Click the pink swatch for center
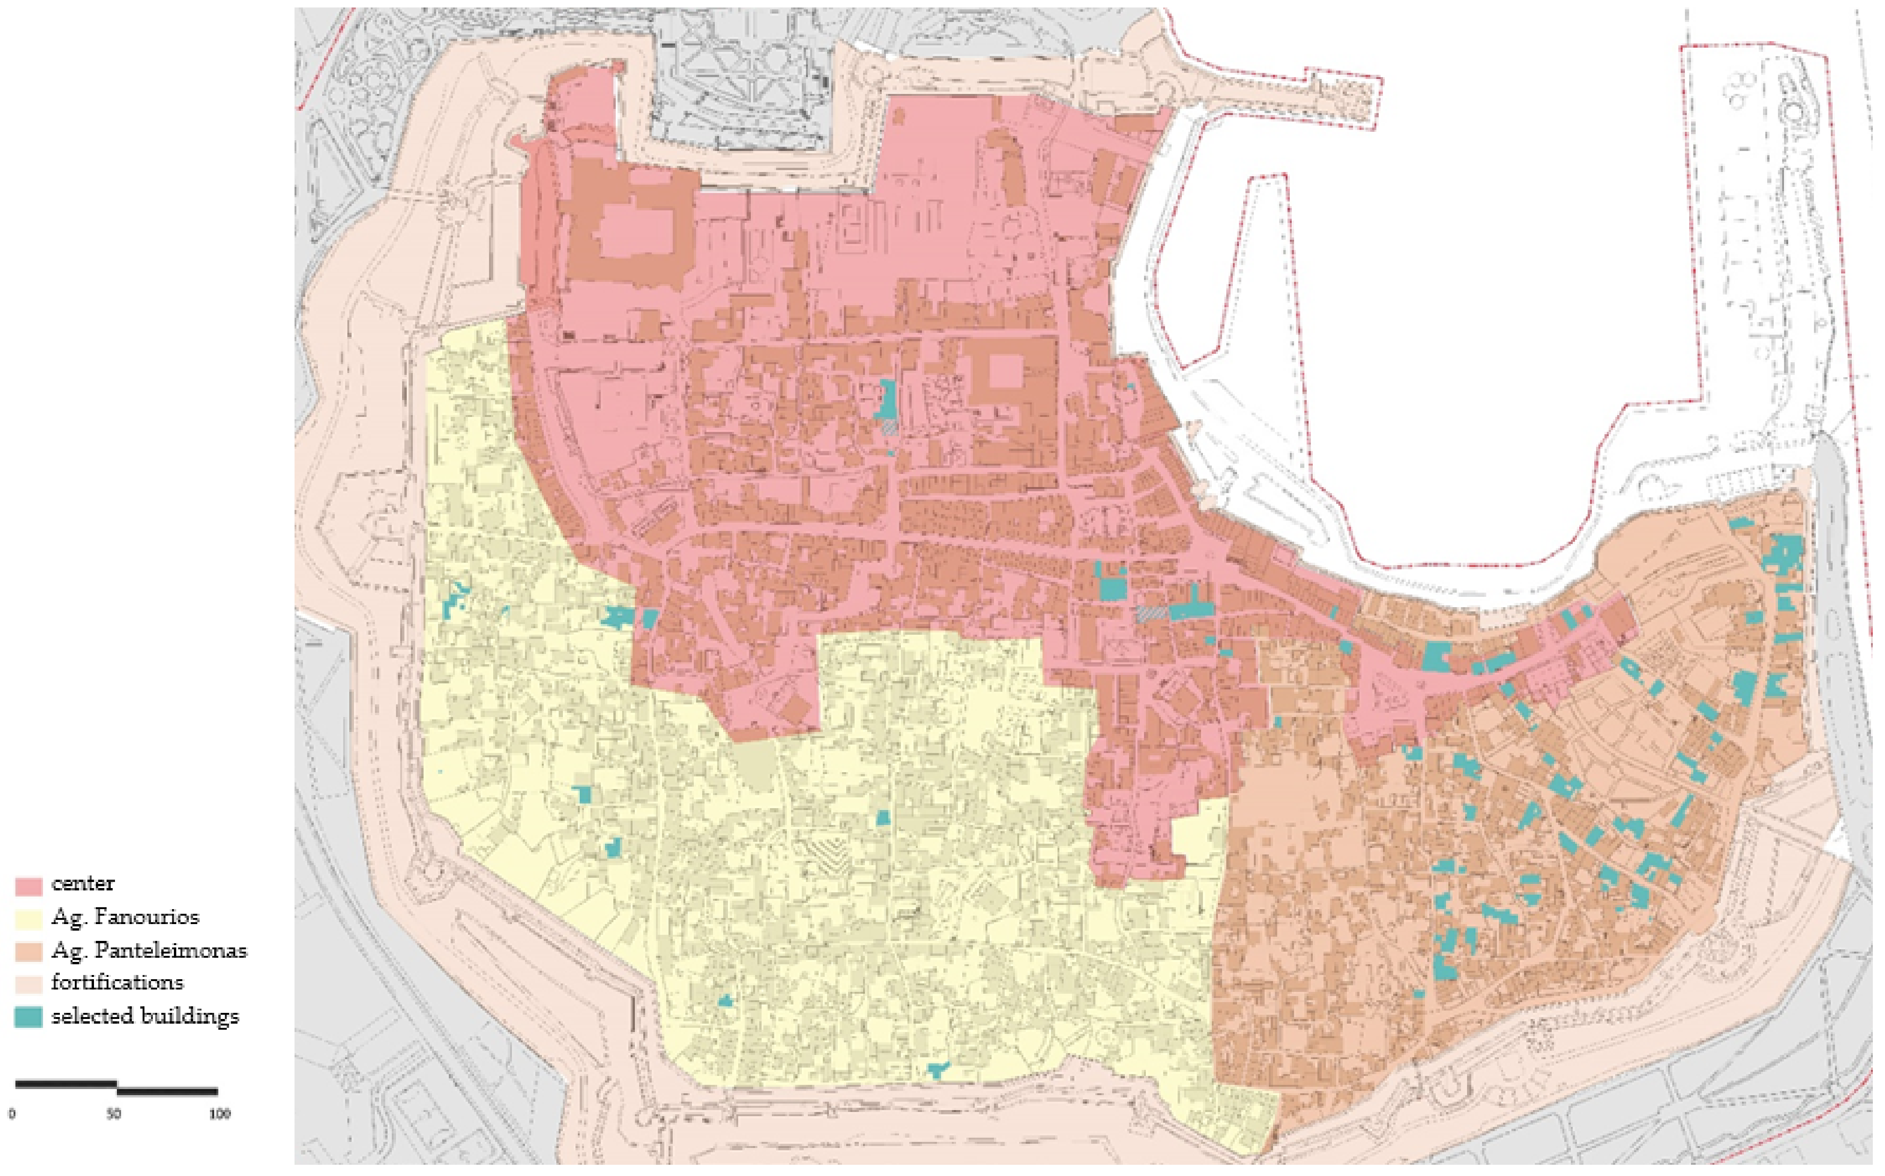coord(28,886)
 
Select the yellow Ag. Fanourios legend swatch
coord(28,918)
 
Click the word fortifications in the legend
coord(117,983)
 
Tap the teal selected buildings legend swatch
coord(28,1018)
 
